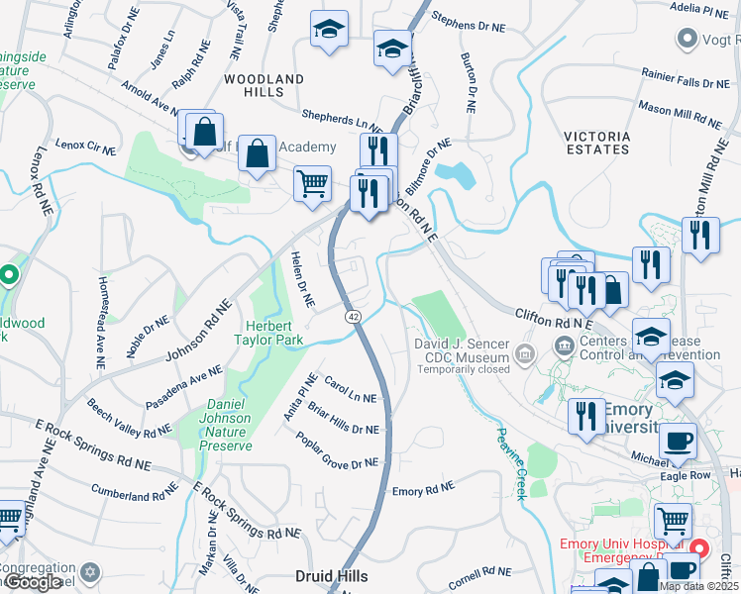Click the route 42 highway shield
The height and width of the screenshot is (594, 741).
point(353,316)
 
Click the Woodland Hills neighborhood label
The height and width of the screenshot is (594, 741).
point(264,85)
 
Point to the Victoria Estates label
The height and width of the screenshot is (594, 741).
point(596,143)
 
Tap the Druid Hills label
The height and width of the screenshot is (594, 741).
point(332,575)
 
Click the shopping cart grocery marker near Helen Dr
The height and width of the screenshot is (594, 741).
point(312,183)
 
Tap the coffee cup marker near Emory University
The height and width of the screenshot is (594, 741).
point(678,442)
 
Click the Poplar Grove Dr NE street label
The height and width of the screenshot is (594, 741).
point(337,453)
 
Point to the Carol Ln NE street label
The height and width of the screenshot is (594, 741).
point(350,392)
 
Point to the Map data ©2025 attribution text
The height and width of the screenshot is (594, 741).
point(698,586)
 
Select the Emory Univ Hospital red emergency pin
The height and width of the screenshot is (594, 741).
point(699,547)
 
